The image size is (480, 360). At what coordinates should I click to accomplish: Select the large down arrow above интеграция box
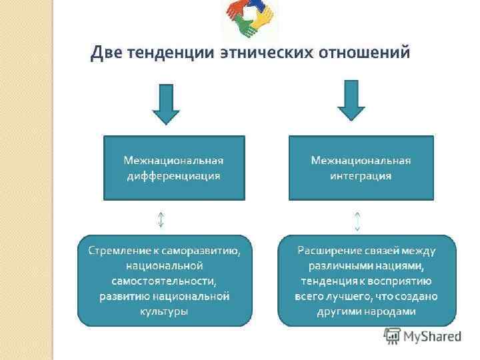[351, 100]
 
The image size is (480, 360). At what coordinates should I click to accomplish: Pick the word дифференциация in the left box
[174, 176]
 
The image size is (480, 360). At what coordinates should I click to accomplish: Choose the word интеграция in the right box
[361, 176]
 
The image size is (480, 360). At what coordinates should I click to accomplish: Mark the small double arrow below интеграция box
[358, 220]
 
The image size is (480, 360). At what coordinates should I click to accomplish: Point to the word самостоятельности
[165, 280]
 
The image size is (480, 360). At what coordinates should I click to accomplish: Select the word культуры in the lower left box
[165, 310]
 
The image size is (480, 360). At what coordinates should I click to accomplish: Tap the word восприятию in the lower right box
[403, 280]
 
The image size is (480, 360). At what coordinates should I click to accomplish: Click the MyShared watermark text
[431, 335]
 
